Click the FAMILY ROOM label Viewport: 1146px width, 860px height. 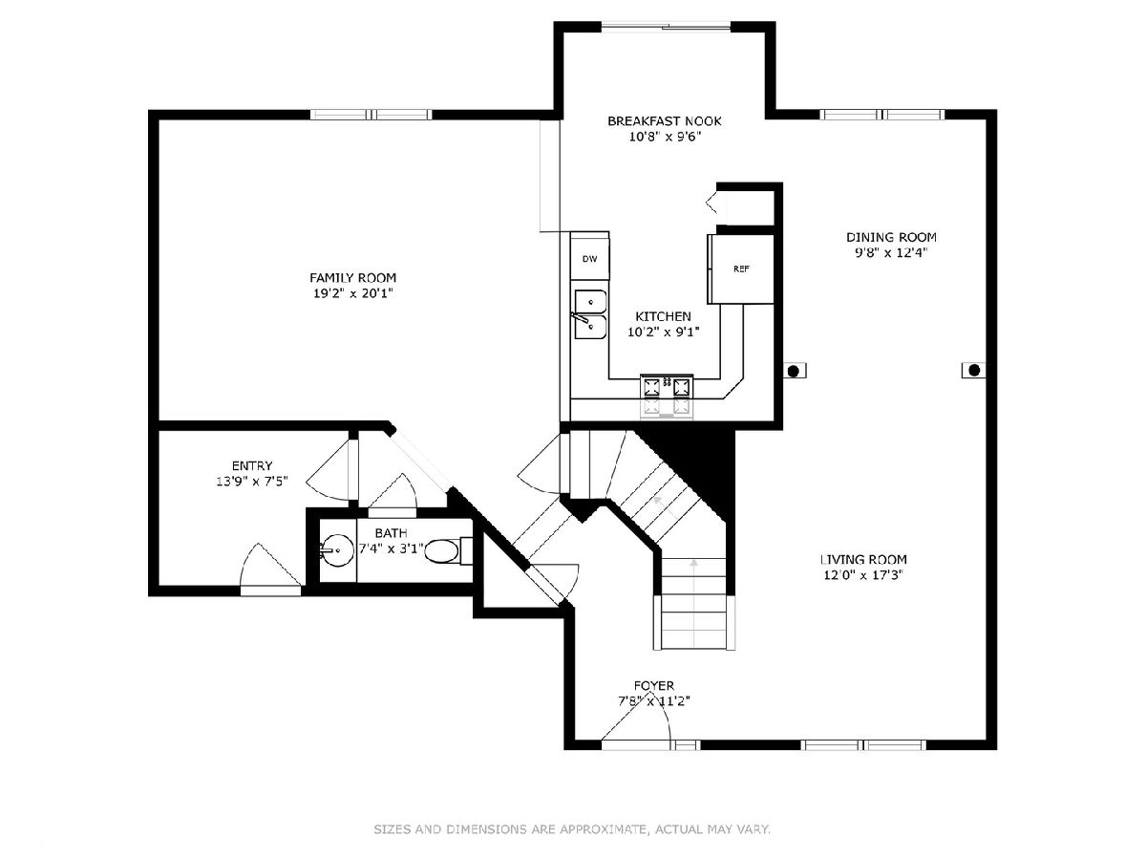pyautogui.click(x=352, y=278)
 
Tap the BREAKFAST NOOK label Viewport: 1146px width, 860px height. pyautogui.click(x=664, y=121)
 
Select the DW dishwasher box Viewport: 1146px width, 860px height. pyautogui.click(x=589, y=258)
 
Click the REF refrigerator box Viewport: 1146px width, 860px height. pyautogui.click(x=740, y=269)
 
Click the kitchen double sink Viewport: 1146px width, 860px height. pyautogui.click(x=590, y=315)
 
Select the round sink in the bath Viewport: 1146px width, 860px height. pyautogui.click(x=337, y=549)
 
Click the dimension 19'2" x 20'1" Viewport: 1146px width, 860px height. pyautogui.click(x=352, y=293)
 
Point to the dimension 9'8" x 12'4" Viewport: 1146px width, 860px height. pyautogui.click(x=891, y=252)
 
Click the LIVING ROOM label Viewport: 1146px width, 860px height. pyautogui.click(x=863, y=560)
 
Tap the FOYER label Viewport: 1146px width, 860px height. pyautogui.click(x=653, y=685)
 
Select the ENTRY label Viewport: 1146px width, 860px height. pyautogui.click(x=252, y=465)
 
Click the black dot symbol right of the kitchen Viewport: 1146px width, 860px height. pyautogui.click(x=793, y=372)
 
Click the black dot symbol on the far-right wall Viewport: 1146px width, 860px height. pyautogui.click(x=974, y=370)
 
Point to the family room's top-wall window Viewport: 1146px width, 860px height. pyautogui.click(x=371, y=115)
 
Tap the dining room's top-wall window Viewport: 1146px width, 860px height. pyautogui.click(x=881, y=115)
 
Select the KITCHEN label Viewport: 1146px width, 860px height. pyautogui.click(x=663, y=316)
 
